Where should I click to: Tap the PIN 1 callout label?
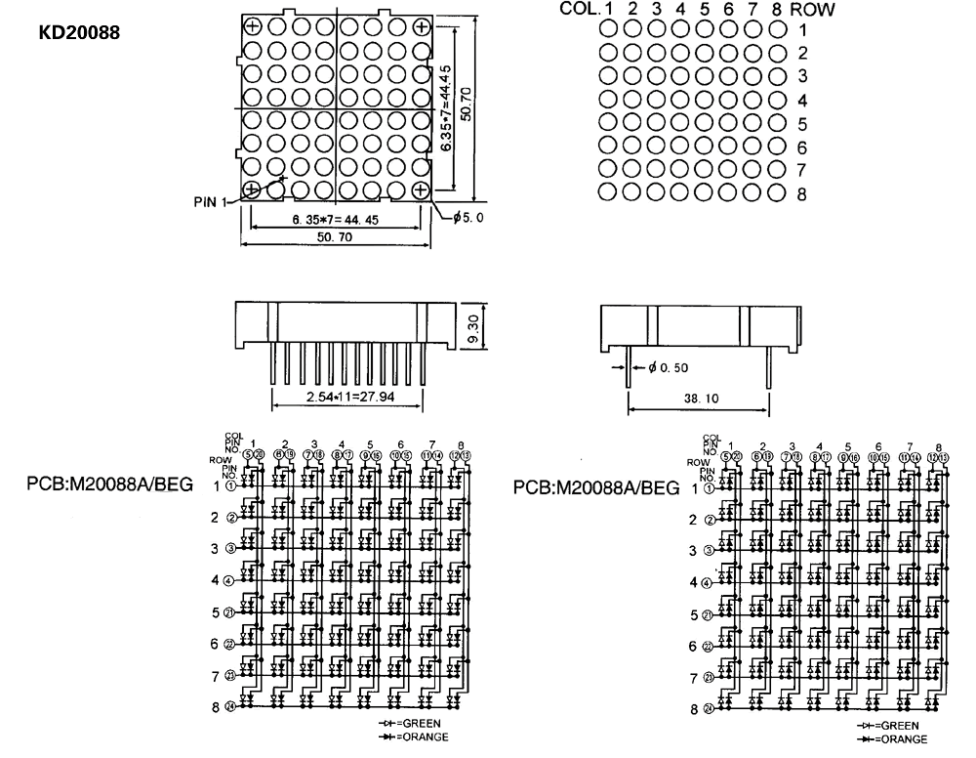210,202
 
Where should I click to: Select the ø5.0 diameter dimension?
468,218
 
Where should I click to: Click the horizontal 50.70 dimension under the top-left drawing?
338,238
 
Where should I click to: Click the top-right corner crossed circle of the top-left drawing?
422,27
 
